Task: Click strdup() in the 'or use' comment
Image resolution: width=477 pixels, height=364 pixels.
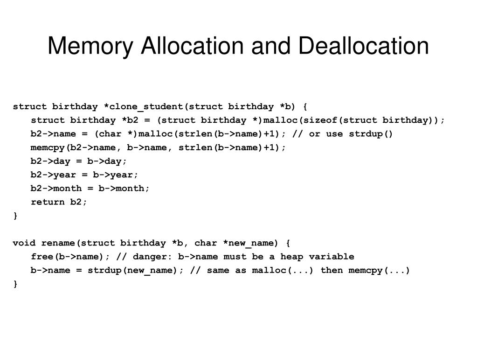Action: pyautogui.click(x=372, y=134)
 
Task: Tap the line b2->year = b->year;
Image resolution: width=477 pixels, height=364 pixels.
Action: pyautogui.click(x=84, y=175)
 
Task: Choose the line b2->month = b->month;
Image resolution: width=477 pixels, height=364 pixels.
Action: pyautogui.click(x=90, y=188)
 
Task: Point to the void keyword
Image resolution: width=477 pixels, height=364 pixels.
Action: pyautogui.click(x=24, y=243)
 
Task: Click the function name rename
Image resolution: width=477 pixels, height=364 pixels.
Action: pyautogui.click(x=58, y=243)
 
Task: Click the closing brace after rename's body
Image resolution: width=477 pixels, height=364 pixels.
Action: pyautogui.click(x=15, y=284)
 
